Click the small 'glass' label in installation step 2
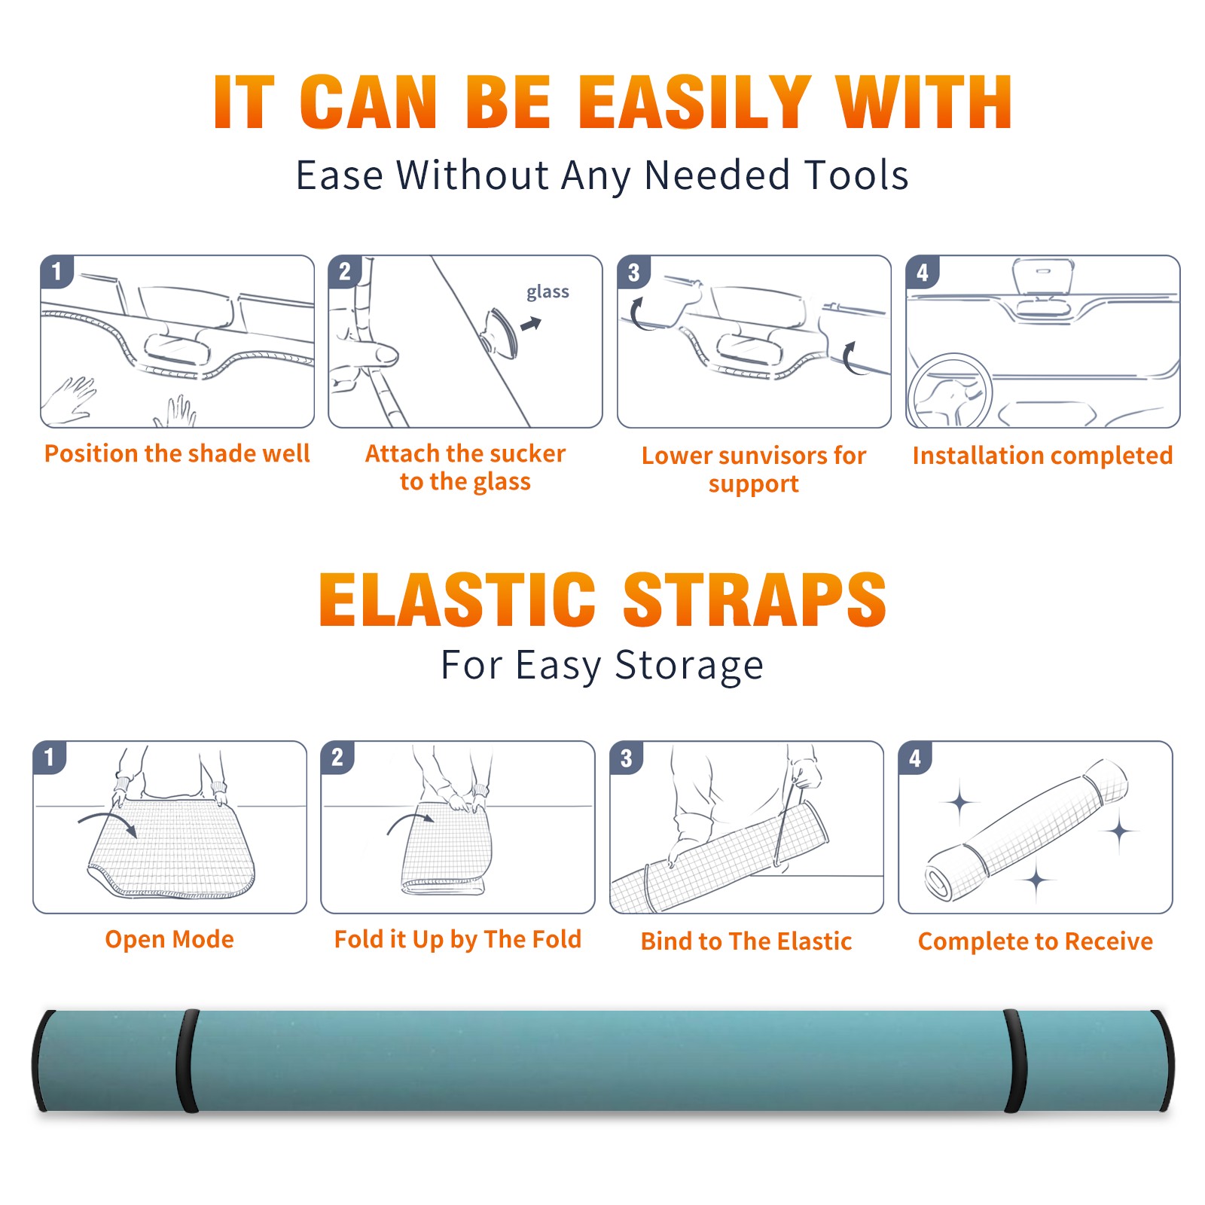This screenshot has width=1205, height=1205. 548,292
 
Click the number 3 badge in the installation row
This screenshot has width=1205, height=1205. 633,273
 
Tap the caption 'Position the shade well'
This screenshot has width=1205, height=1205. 177,453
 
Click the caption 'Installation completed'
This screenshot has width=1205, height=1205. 1042,455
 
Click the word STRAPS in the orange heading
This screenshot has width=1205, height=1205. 755,599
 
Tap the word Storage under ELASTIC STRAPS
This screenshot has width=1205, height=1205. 689,666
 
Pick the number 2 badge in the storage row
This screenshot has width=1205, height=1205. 337,758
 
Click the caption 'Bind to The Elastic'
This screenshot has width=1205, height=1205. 746,941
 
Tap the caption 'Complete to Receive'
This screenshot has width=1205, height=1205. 1036,941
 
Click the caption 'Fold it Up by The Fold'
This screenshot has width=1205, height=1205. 458,940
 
